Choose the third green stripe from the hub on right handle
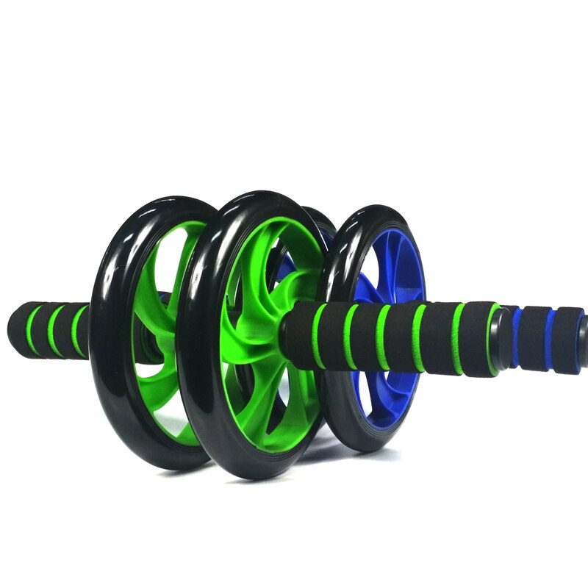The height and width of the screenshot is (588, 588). tap(383, 337)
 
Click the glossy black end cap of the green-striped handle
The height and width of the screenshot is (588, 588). tap(503, 334)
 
